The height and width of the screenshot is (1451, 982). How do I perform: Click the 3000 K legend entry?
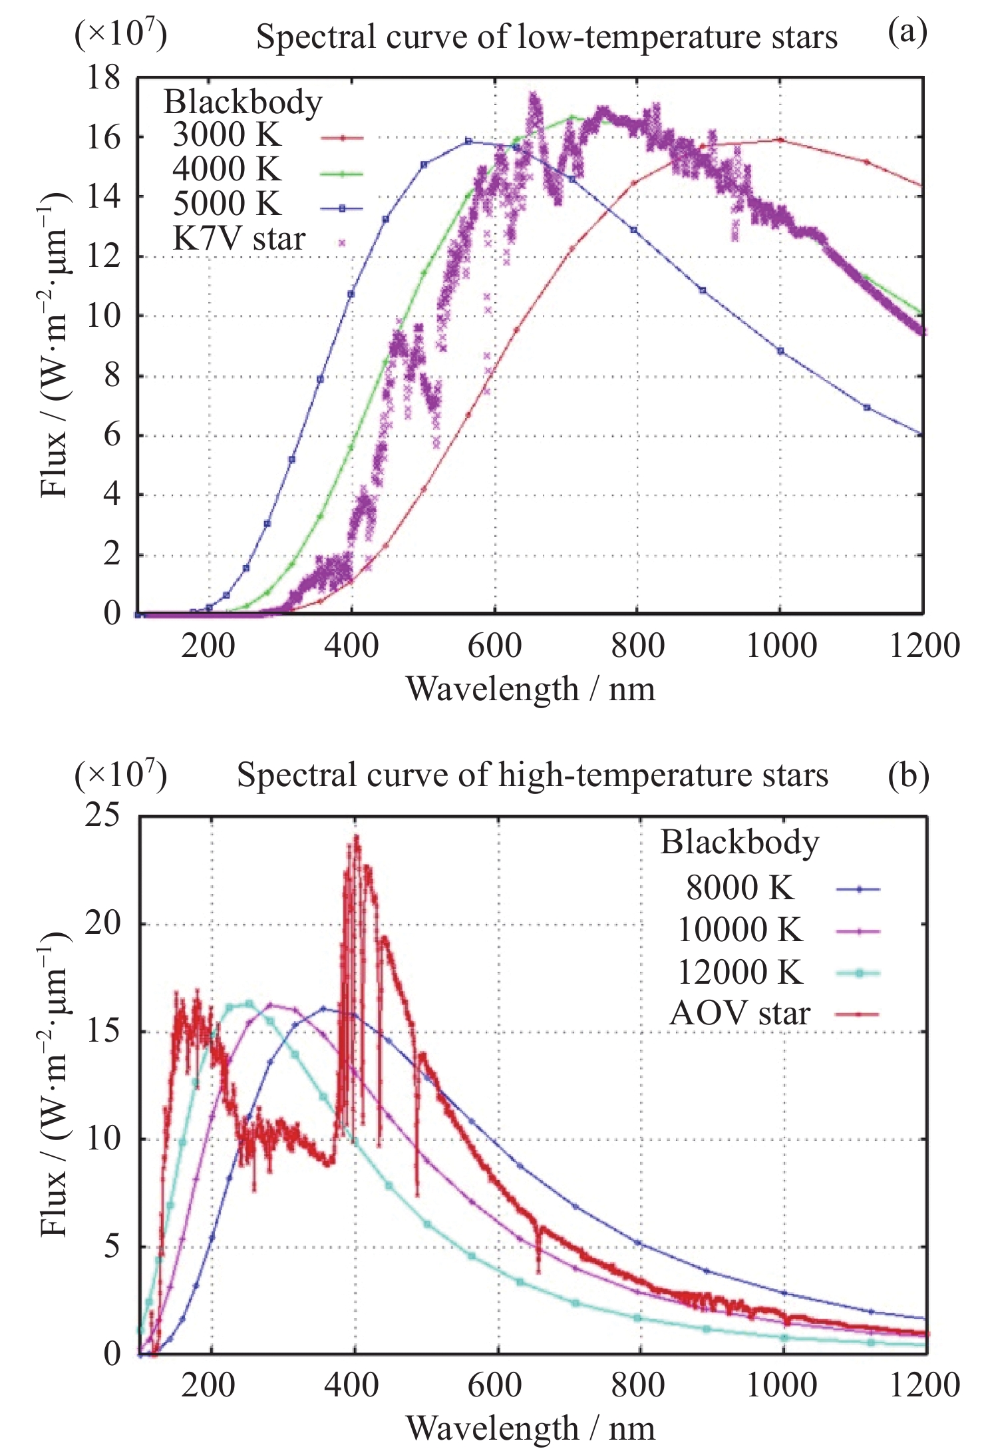pyautogui.click(x=226, y=136)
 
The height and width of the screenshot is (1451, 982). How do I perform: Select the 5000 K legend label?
pyautogui.click(x=226, y=204)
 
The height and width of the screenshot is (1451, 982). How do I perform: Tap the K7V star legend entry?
pyautogui.click(x=239, y=239)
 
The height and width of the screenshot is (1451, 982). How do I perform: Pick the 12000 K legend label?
pyautogui.click(x=740, y=972)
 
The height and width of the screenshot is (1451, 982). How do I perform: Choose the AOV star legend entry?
pyautogui.click(x=740, y=1014)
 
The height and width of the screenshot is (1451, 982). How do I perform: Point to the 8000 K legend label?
pyautogui.click(x=740, y=888)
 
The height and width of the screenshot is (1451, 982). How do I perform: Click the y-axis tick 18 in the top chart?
pyautogui.click(x=104, y=79)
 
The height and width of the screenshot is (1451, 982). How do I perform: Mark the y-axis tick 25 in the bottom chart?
pyautogui.click(x=102, y=815)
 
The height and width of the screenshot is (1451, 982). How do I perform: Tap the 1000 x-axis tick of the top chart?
pyautogui.click(x=781, y=646)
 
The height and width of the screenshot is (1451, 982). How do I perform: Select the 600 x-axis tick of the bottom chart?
pyautogui.click(x=495, y=1384)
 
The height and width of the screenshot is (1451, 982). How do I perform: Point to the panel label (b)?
pyautogui.click(x=908, y=775)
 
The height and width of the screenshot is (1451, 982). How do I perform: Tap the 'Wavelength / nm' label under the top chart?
pyautogui.click(x=530, y=689)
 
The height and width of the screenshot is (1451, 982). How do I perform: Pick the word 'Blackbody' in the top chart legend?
pyautogui.click(x=243, y=103)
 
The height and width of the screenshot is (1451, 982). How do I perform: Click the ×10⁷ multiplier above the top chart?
pyautogui.click(x=120, y=33)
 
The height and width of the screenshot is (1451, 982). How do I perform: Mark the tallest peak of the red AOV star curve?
pyautogui.click(x=357, y=837)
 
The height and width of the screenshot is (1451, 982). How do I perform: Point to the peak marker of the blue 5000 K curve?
pyautogui.click(x=468, y=141)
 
